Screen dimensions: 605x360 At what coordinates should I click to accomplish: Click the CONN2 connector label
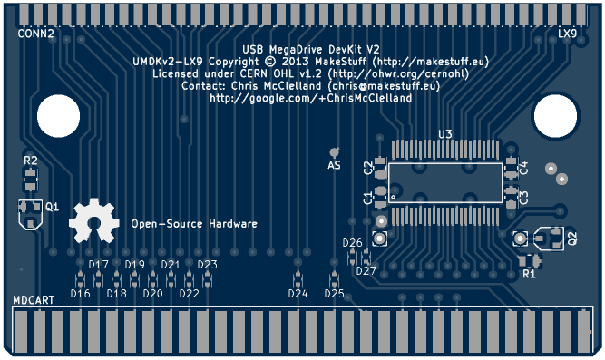pos(36,34)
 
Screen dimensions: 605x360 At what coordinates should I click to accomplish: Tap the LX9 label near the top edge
pos(567,34)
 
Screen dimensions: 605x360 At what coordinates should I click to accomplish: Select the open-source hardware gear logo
pos(94,220)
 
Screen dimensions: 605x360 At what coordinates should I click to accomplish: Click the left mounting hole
pos(59,116)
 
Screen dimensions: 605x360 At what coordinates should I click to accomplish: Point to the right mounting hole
pos(556,116)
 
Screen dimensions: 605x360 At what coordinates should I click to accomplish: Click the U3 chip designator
pos(445,134)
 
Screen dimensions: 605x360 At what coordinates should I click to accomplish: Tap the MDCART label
pos(34,300)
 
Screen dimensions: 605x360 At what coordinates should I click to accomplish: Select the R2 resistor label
pos(31,161)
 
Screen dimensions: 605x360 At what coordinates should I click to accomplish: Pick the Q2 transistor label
pos(572,238)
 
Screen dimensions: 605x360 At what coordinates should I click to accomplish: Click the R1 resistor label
pos(529,274)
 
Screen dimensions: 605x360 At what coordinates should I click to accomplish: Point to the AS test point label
pos(334,165)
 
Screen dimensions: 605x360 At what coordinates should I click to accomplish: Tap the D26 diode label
pos(352,243)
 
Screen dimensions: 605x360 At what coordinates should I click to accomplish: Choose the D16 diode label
pos(80,294)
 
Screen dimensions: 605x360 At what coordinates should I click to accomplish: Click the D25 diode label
pos(334,294)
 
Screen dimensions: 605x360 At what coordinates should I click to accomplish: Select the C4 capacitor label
pos(523,169)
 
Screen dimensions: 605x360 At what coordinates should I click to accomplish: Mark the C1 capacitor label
pos(368,198)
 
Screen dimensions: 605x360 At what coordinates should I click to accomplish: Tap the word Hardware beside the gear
pos(233,224)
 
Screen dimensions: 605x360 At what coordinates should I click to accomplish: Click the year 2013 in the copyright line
pos(296,62)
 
